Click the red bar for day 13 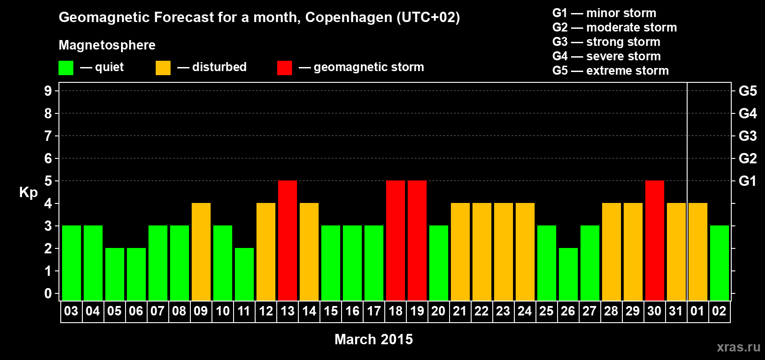288,240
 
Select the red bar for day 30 655,240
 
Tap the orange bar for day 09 201,252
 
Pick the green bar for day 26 568,274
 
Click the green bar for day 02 720,263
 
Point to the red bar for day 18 396,240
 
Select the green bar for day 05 115,274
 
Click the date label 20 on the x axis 438,311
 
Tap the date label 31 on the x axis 676,311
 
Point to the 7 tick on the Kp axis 48,136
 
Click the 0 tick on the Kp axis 48,293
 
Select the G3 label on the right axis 747,136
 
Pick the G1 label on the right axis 747,181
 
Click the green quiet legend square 66,68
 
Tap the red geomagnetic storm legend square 284,68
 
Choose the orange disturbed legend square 163,68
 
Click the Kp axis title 28,193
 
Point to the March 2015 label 373,339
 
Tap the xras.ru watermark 738,347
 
